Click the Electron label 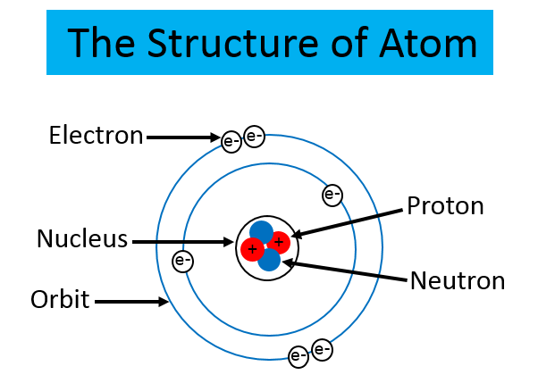click(96, 136)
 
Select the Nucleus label click(82, 239)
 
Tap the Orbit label click(60, 299)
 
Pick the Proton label click(445, 206)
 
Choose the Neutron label click(457, 280)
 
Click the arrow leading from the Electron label click(183, 137)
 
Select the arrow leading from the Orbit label click(131, 302)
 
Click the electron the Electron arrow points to click(231, 139)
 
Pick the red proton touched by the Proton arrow click(279, 241)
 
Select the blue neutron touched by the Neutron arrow click(269, 260)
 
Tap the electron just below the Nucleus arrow click(182, 262)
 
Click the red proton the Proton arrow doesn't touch click(253, 248)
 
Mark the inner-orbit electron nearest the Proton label click(332, 194)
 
